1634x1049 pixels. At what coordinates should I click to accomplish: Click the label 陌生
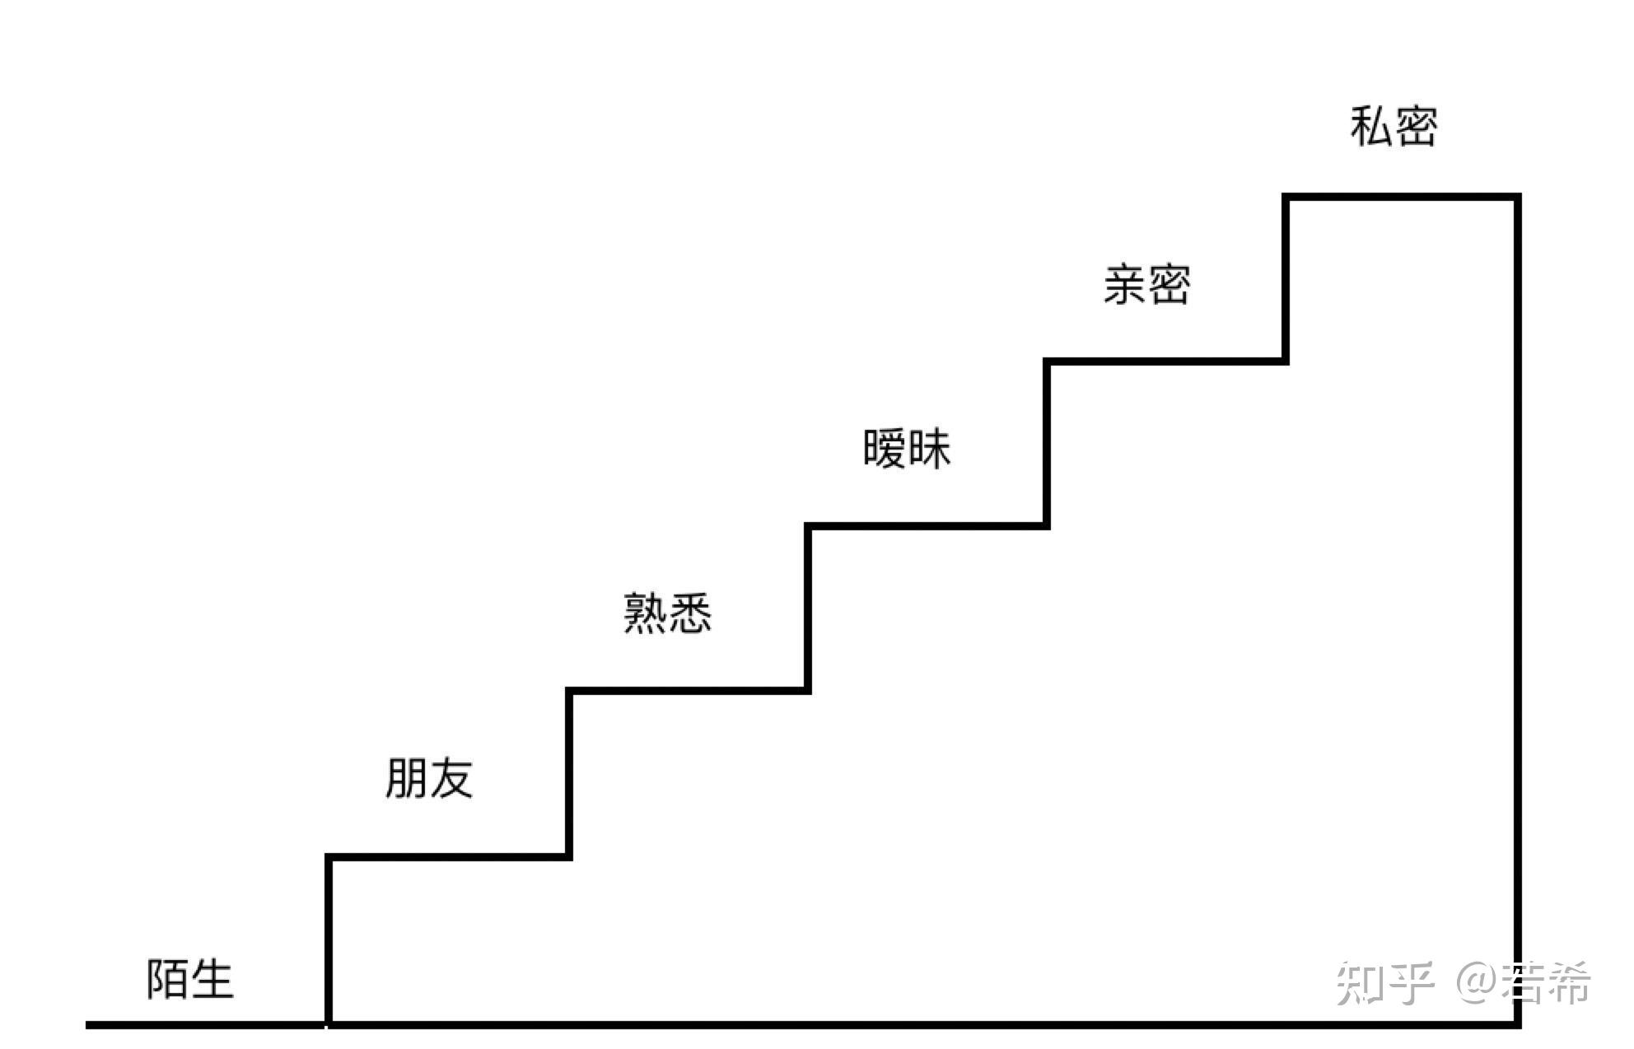pos(190,979)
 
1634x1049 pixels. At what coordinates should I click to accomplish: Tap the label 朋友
pos(429,778)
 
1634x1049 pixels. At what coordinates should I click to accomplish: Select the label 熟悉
pos(667,613)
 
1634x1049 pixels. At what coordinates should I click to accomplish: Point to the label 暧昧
pos(907,449)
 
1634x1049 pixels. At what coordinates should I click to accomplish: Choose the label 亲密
pos(1146,285)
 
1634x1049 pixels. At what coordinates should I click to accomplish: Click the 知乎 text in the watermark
pos(1384,983)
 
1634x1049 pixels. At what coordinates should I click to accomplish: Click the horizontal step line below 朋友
pos(449,857)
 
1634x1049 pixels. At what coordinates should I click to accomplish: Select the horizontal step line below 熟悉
pos(689,690)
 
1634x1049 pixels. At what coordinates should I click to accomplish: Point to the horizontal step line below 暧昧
pos(927,525)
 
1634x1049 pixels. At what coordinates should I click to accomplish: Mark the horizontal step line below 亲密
pos(1166,361)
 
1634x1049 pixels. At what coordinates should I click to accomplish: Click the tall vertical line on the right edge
pos(1517,609)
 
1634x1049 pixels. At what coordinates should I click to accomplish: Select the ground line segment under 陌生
pos(206,1025)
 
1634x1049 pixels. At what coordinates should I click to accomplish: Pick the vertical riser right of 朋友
pos(569,774)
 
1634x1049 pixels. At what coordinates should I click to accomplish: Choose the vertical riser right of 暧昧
pos(1047,443)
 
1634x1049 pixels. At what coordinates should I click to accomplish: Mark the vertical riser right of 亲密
pos(1286,278)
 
